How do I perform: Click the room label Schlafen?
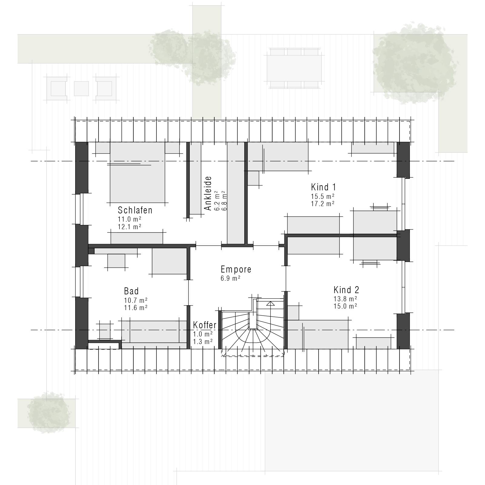pos(135,210)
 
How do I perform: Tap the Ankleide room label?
pos(208,193)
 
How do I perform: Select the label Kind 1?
pos(323,187)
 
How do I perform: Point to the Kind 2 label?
pos(346,290)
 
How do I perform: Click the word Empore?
pos(236,269)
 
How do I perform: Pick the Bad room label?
pos(131,291)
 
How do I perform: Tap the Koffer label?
pos(205,325)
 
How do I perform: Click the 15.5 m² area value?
pos(323,196)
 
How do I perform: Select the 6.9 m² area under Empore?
pos(230,278)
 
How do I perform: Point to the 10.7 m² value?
pos(135,300)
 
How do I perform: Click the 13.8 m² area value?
pos(345,299)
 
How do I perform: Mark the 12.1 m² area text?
pos(129,226)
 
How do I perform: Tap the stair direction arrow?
pos(270,303)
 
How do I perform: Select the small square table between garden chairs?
pos(81,89)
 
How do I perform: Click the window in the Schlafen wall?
pos(81,209)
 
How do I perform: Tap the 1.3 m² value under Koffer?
pos(203,342)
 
